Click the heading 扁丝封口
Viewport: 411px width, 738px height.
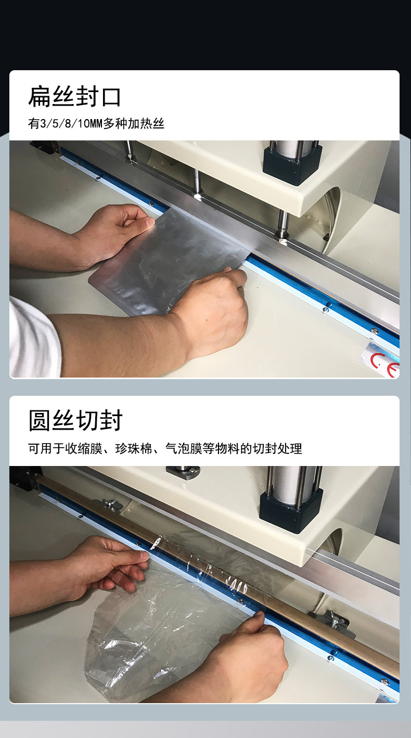pyautogui.click(x=75, y=97)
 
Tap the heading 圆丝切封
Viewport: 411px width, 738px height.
pyautogui.click(x=75, y=420)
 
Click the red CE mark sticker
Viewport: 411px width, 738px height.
pyautogui.click(x=382, y=361)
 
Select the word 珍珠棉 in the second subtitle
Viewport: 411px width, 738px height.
pyautogui.click(x=134, y=448)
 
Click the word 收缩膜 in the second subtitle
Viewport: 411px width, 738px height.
pyautogui.click(x=84, y=448)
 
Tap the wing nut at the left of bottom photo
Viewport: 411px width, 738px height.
pyautogui.click(x=111, y=504)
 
